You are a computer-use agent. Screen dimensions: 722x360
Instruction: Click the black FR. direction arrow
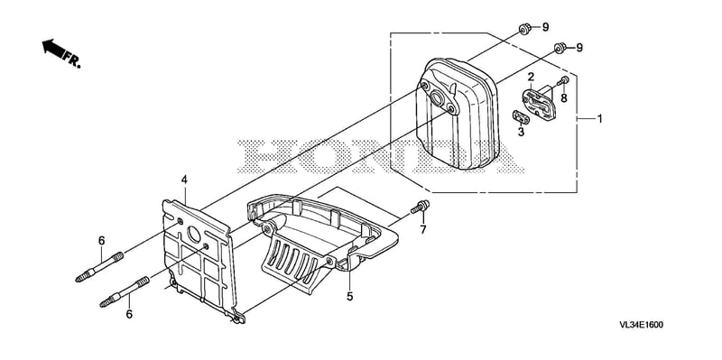coord(54,48)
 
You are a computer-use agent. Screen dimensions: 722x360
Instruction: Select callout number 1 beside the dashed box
coord(599,119)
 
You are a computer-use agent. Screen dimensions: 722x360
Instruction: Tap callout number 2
coord(531,77)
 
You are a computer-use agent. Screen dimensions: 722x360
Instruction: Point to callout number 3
coord(521,132)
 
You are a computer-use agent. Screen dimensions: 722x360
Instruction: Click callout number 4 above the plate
coord(184,180)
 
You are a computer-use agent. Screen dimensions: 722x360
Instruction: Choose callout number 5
coord(350,297)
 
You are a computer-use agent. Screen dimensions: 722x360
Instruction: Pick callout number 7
coord(423,229)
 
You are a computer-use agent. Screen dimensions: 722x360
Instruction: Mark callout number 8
coord(564,97)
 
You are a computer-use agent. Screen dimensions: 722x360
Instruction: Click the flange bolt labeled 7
coord(421,207)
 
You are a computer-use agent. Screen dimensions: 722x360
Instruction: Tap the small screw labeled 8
coord(562,81)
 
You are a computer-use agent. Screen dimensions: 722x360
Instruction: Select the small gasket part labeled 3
coord(521,117)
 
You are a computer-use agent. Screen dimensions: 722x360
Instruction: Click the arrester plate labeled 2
coord(539,102)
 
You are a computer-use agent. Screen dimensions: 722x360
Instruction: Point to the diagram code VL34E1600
coord(641,325)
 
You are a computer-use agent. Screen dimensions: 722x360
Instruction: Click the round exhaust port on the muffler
coord(436,97)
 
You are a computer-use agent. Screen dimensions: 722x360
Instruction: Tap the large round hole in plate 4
coord(194,235)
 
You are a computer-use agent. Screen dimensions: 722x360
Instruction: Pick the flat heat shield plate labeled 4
coord(201,261)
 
